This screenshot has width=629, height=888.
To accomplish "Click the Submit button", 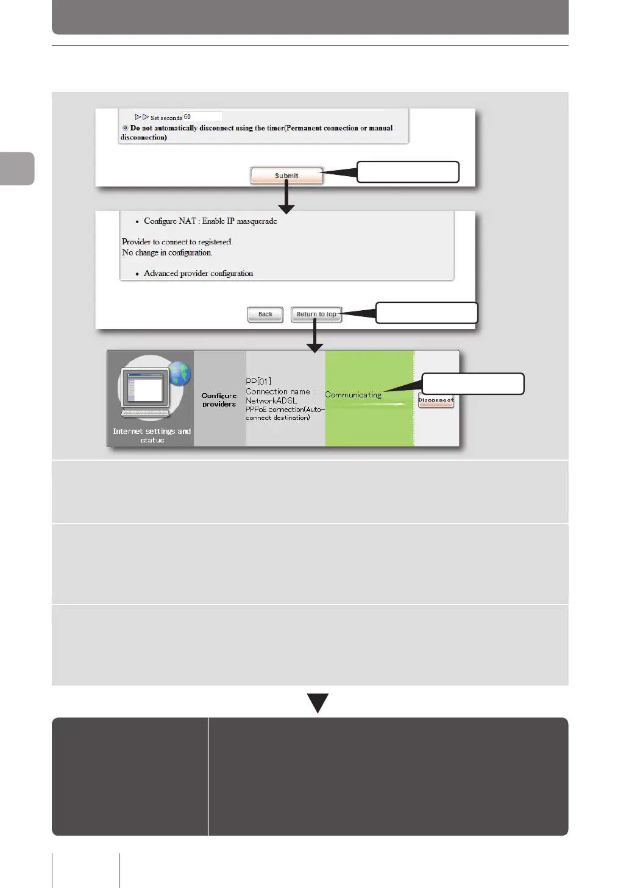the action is coord(286,176).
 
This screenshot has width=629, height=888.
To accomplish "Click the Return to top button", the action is coord(316,314).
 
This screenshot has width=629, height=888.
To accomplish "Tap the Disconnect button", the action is coord(436,401).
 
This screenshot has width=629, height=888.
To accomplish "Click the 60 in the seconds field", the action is coord(188,117).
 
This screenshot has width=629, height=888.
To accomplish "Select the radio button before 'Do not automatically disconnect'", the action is coord(125,128).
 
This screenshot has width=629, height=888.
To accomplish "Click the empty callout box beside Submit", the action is coord(407,172).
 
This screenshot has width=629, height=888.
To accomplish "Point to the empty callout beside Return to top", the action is coord(426,313).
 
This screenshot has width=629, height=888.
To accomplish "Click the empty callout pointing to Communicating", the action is coord(473,384).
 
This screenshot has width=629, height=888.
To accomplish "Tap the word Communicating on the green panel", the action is coord(353,395).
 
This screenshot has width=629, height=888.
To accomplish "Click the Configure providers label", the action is coord(219,400).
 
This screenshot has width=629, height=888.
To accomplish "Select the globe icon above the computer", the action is coord(179,374).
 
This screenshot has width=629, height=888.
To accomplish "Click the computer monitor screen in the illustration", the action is coord(146,387).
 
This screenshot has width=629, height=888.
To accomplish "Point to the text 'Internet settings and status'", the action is coord(152,435).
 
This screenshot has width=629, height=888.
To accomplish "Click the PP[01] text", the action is coord(258,382).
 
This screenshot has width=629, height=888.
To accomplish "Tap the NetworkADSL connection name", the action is coord(271,400).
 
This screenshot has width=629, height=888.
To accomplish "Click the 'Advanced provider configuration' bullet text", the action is coord(198,274).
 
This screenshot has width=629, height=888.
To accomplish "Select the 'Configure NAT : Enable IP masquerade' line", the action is coord(210,221).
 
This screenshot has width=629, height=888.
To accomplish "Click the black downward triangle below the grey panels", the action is coord(318,702).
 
